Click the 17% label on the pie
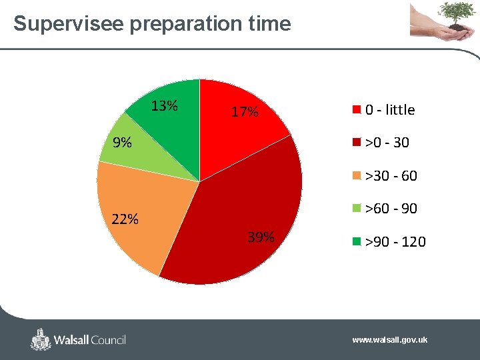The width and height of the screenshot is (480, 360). coord(244,112)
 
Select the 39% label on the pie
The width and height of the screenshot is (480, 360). coord(261,237)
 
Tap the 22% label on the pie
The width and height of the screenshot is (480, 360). coord(125,219)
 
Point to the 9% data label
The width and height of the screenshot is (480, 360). coord(121,142)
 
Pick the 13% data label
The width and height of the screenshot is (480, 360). coord(164,106)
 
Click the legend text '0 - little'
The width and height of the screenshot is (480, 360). coord(389,110)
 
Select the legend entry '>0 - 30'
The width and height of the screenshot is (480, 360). coord(387,143)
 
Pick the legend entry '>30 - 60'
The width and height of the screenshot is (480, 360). coord(391,176)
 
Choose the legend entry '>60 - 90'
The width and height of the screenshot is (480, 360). coord(391,209)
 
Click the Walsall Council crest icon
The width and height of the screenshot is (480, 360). coord(41,339)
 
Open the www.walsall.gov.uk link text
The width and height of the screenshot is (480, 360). coord(390,340)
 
